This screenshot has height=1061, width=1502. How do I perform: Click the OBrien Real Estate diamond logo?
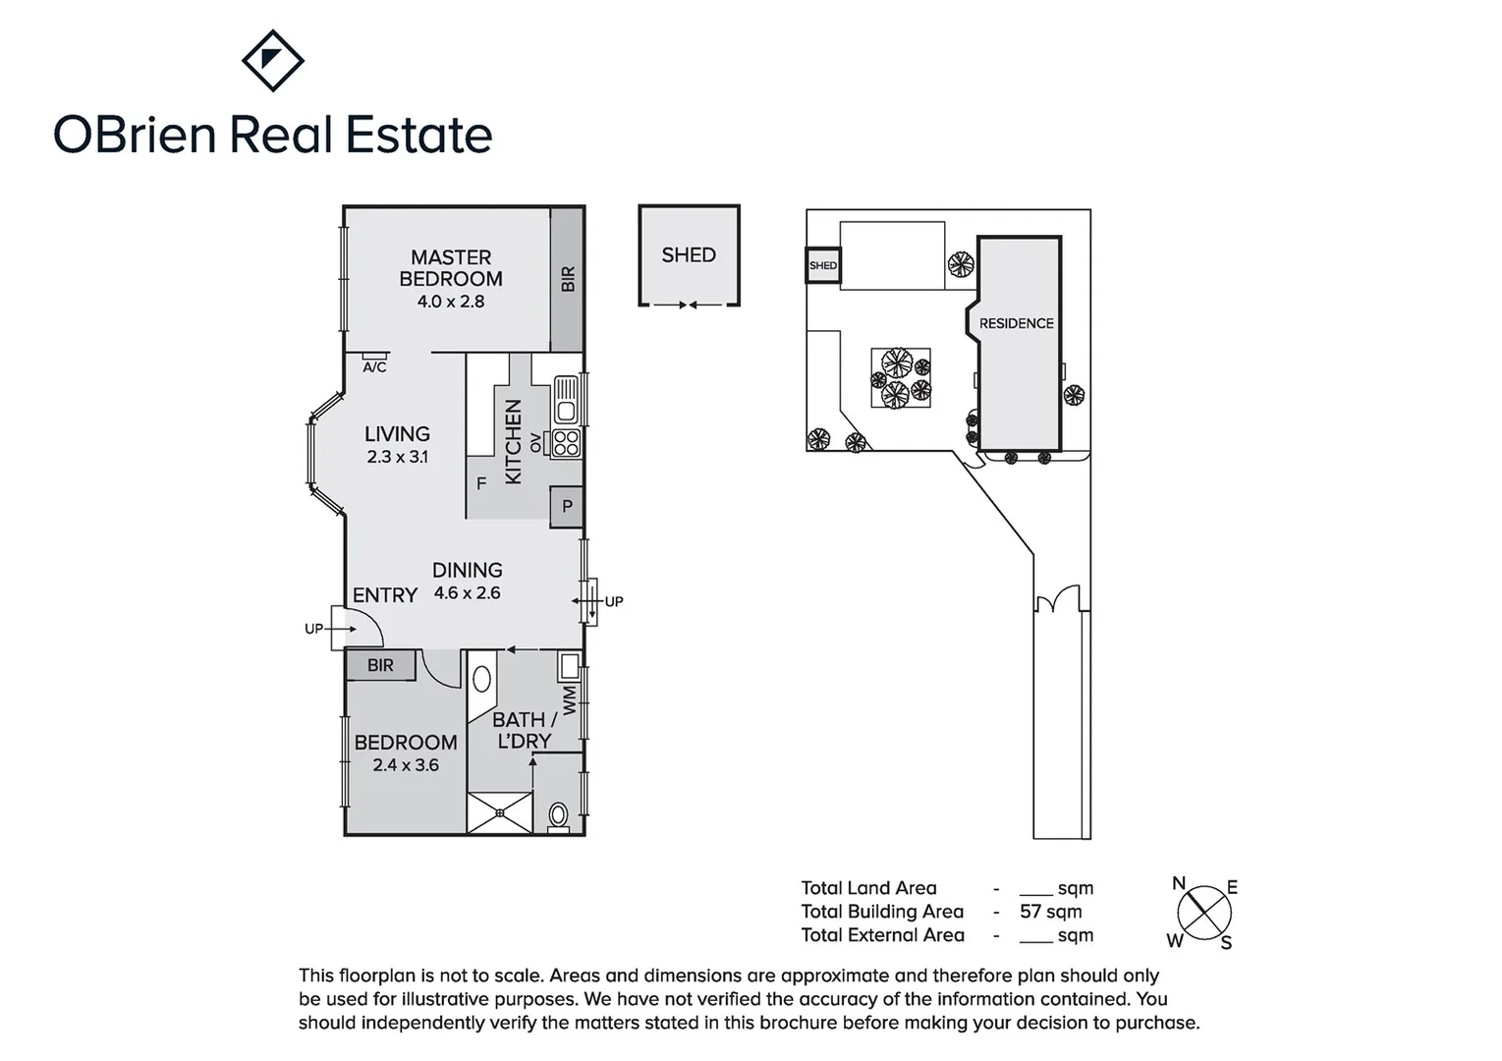pos(272,60)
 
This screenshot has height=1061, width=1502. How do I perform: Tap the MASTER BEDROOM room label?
pos(451,267)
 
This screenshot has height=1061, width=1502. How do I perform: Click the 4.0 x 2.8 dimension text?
pos(451,302)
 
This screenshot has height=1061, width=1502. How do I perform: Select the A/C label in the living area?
pos(374,367)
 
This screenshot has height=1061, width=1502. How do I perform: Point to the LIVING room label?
pos(397,433)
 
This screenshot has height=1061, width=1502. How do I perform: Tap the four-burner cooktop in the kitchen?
pos(566,443)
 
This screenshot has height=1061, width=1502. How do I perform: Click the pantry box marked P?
pos(567,507)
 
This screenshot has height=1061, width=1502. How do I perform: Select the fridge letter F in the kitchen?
pos(481,483)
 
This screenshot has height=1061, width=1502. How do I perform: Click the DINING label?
pos(468,570)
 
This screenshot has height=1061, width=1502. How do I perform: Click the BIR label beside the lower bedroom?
pos(380,665)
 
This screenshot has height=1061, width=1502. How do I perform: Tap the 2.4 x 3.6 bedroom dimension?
pos(406,765)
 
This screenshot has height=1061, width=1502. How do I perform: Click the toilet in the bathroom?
pos(558,815)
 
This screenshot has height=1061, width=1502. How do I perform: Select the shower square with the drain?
pos(500,812)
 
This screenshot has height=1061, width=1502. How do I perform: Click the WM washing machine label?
pos(571,701)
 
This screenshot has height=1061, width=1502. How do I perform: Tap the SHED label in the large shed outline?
pos(689,254)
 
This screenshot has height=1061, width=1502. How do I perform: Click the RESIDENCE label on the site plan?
pos(1016,323)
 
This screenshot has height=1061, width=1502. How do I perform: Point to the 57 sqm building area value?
pos(1050,912)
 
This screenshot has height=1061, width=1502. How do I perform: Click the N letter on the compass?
pos(1179,883)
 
